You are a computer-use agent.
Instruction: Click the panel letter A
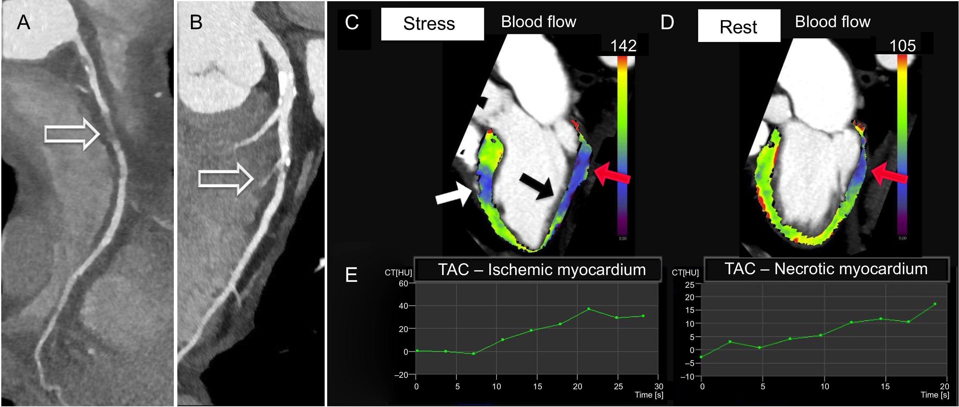click(23, 22)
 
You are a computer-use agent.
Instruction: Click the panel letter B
click(196, 22)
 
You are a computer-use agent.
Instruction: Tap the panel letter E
click(351, 275)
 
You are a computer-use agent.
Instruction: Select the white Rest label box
click(739, 26)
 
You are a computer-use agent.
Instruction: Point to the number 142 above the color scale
click(623, 46)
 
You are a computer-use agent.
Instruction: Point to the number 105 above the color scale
click(902, 46)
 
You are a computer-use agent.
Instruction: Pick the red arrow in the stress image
click(612, 174)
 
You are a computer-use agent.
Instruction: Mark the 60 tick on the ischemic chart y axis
click(404, 283)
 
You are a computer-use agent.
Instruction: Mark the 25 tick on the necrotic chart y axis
click(690, 285)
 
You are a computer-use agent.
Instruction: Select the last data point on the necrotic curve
click(935, 304)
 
